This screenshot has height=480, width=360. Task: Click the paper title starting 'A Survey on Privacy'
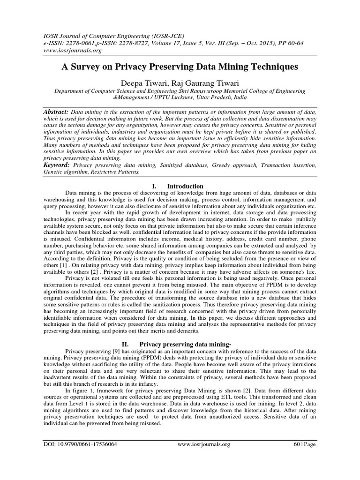tap(180, 67)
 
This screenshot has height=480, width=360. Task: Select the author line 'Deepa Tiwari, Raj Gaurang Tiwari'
tap(180, 82)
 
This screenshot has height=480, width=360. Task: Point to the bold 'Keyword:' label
tap(56, 165)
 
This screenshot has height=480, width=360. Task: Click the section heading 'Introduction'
tap(187, 186)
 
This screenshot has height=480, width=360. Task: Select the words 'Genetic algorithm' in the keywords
tap(67, 172)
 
